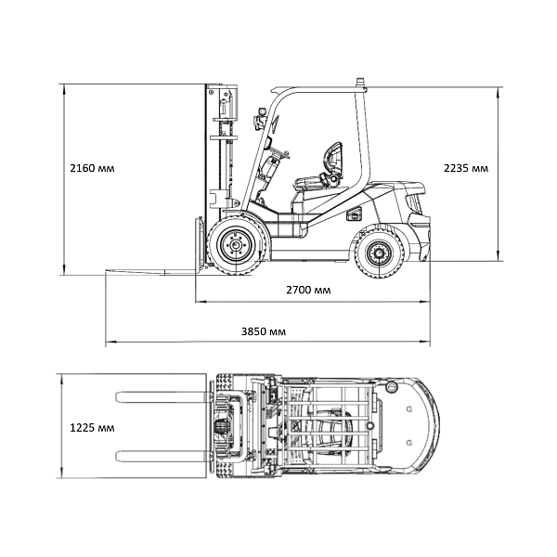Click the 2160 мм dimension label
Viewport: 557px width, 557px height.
click(92, 168)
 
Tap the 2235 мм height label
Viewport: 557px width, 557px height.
click(466, 168)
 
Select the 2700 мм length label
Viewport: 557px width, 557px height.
click(308, 291)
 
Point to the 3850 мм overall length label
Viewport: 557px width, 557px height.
click(264, 331)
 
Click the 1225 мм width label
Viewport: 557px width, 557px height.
click(92, 428)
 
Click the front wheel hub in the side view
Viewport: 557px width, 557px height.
click(235, 245)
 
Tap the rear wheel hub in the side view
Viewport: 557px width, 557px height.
click(380, 253)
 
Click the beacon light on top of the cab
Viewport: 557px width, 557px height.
click(361, 83)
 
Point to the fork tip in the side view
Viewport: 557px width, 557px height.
click(106, 272)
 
